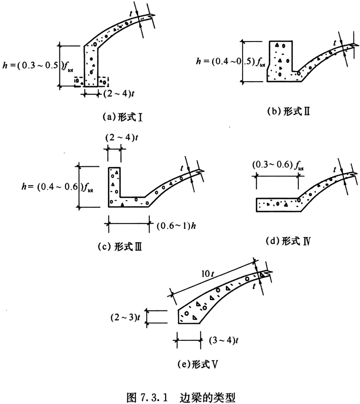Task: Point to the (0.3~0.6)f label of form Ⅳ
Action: (x=278, y=165)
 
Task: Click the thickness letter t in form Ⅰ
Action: (x=131, y=14)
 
